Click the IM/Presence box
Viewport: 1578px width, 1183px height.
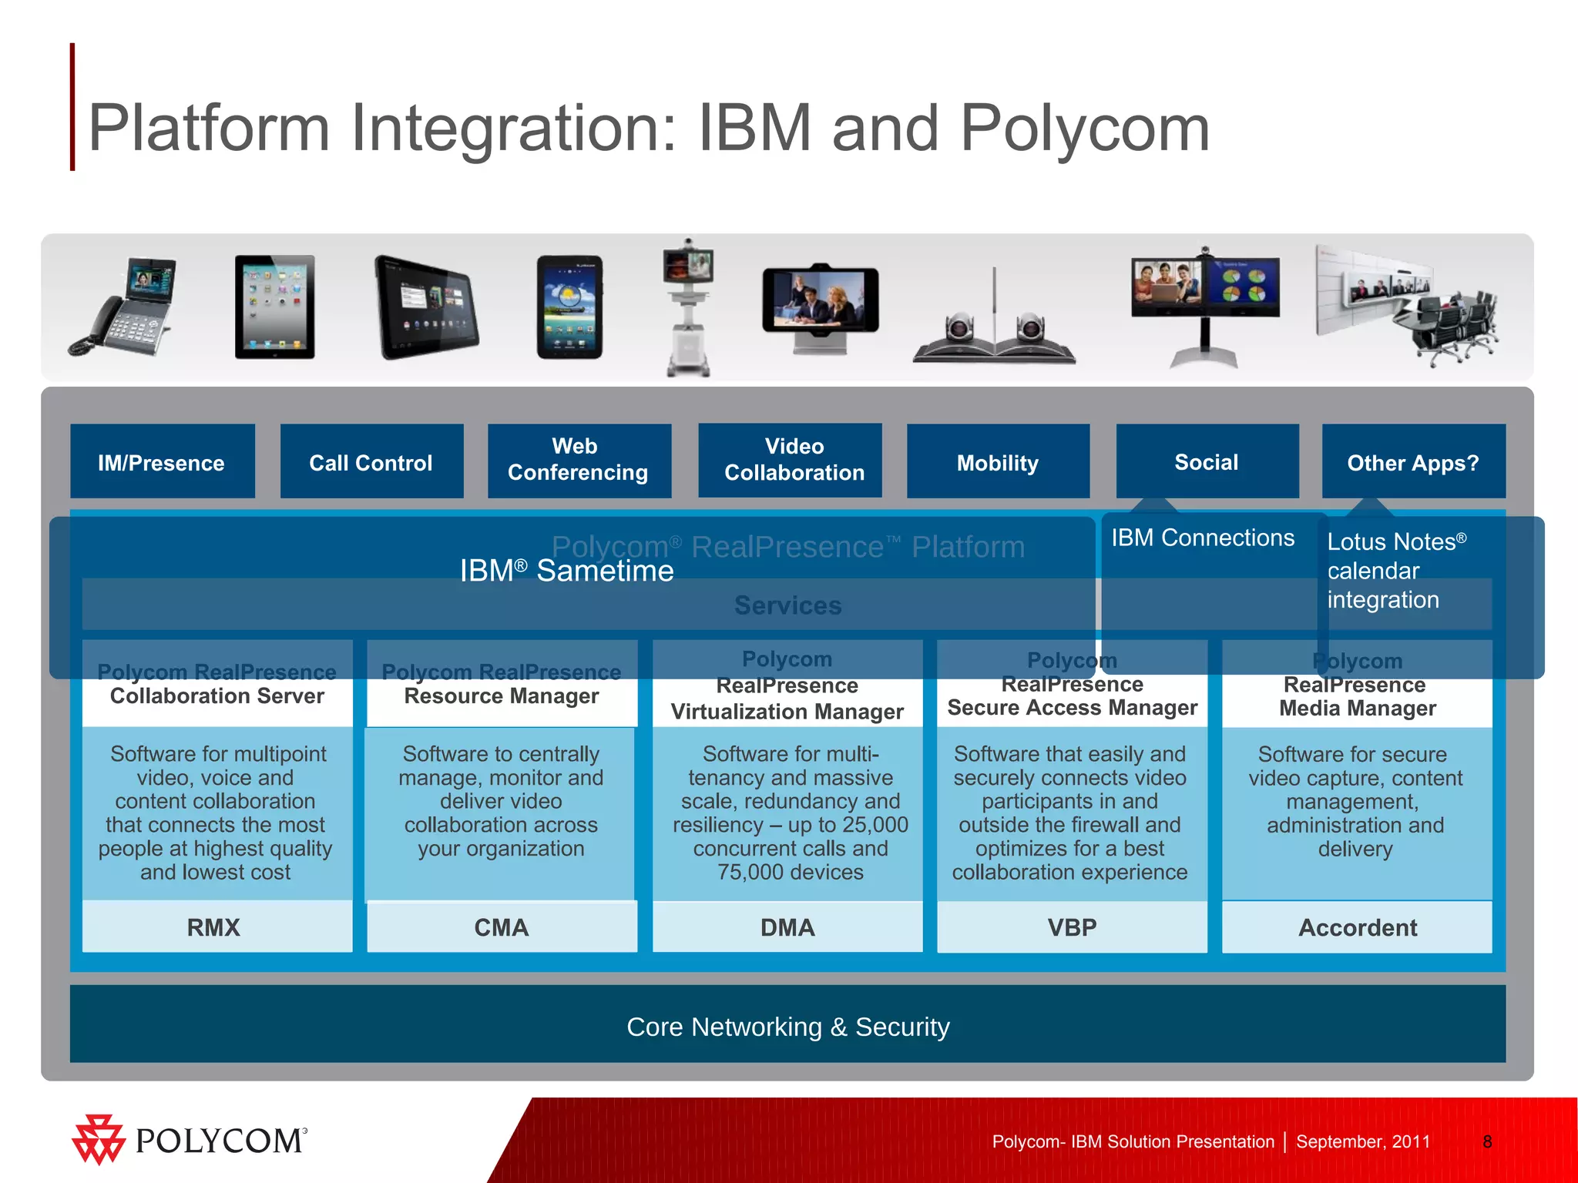coord(162,462)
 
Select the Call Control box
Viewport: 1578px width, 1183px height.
coord(371,462)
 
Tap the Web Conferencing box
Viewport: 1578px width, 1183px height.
coord(579,461)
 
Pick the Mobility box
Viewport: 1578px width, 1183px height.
coord(998,462)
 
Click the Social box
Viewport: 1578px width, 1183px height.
coord(1207,461)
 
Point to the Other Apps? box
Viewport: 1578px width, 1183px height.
coord(1413,462)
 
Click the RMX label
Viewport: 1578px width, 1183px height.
coord(214,927)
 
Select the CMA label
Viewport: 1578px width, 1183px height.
coord(502,927)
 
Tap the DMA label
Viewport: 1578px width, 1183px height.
coord(787,927)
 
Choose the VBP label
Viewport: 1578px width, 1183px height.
coord(1072,927)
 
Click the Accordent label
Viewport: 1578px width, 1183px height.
coord(1357,927)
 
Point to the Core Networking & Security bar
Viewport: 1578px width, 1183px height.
coord(787,1026)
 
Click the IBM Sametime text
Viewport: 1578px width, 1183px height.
coord(566,571)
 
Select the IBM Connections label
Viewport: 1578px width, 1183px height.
coord(1202,538)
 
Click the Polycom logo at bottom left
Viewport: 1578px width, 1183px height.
coord(190,1140)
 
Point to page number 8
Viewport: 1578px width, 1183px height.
coord(1487,1141)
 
